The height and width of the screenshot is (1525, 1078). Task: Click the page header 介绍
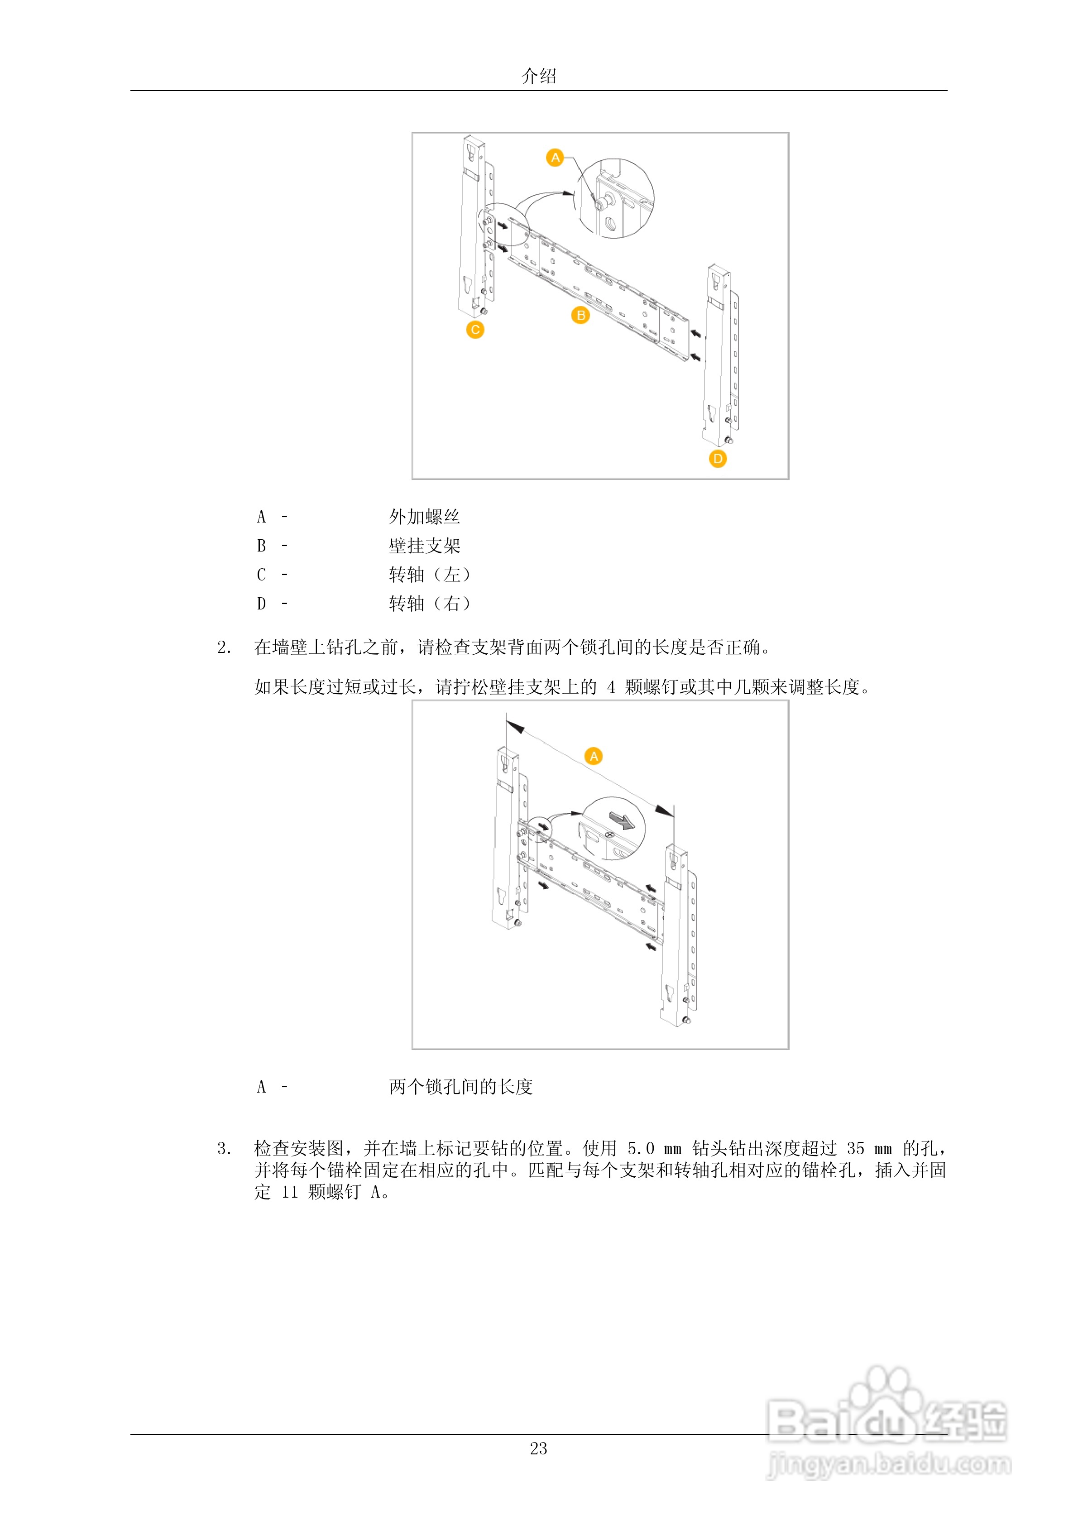coord(539,77)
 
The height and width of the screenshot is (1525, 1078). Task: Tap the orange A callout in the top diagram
coord(555,158)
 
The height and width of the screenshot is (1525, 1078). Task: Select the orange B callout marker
coord(580,316)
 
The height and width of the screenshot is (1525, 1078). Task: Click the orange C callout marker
coord(475,330)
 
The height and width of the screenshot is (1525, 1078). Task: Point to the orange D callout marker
coord(717,459)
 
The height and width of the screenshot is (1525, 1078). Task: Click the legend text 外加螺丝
coord(424,517)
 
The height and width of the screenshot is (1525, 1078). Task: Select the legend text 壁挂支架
coord(424,546)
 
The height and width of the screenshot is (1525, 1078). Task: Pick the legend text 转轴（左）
coord(430,575)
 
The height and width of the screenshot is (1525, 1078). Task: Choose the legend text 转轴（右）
coord(430,604)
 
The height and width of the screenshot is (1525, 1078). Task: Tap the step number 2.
coord(224,647)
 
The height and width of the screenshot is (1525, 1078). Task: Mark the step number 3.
coord(224,1148)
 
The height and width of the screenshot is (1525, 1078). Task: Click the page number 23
coord(539,1448)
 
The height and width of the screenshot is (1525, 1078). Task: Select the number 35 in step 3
coord(856,1148)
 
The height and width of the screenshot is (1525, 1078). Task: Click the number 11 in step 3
coord(290,1192)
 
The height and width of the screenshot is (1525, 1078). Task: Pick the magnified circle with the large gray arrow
coord(613,828)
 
